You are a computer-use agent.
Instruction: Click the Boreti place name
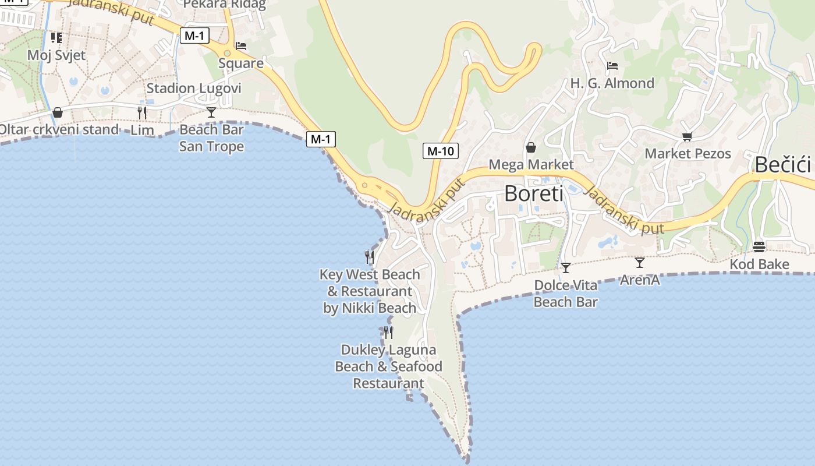[x=533, y=193]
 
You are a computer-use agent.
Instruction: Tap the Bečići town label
[x=783, y=165]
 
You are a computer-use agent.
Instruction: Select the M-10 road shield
[x=440, y=151]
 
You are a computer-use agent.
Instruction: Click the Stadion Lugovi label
[x=193, y=89]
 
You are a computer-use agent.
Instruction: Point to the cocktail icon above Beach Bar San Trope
[x=211, y=112]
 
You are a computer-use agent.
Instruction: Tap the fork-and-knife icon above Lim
[x=142, y=112]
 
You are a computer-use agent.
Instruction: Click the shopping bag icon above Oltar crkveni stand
[x=58, y=112]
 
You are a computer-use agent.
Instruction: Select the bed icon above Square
[x=241, y=46]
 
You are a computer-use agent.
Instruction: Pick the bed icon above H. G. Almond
[x=612, y=66]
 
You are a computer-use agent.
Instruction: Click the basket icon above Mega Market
[x=531, y=147]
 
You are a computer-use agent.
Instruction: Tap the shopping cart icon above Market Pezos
[x=687, y=137]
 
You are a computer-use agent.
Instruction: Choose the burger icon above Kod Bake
[x=759, y=247]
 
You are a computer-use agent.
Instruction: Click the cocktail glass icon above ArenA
[x=639, y=263]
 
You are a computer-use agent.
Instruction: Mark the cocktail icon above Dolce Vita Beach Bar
[x=565, y=268]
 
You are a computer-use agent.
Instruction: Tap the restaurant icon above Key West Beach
[x=369, y=257]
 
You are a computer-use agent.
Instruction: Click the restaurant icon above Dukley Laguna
[x=388, y=333]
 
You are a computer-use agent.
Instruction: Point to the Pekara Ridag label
[x=224, y=5]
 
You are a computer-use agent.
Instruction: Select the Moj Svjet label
[x=56, y=55]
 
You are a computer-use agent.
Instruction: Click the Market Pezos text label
[x=688, y=154]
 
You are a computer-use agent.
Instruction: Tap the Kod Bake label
[x=759, y=264]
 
